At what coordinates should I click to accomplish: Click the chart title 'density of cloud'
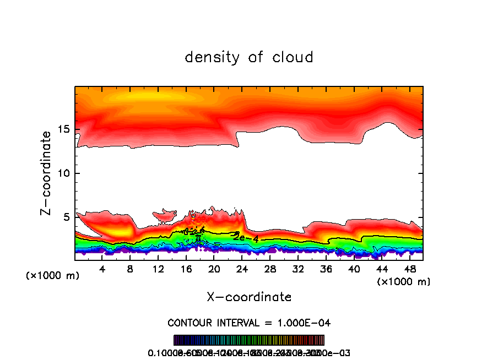point(249,57)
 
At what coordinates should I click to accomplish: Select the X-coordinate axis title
point(249,297)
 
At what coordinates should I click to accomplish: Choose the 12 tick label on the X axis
point(158,269)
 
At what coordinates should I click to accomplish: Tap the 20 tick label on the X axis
point(214,269)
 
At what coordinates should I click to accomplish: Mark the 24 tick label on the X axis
point(242,269)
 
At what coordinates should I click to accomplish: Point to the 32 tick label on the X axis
point(297,269)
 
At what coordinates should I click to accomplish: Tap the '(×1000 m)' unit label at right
point(403,282)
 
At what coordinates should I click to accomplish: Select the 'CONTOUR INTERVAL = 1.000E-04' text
point(249,323)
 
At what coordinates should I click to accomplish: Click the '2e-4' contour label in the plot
point(246,238)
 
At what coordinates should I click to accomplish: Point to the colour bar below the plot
point(249,340)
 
